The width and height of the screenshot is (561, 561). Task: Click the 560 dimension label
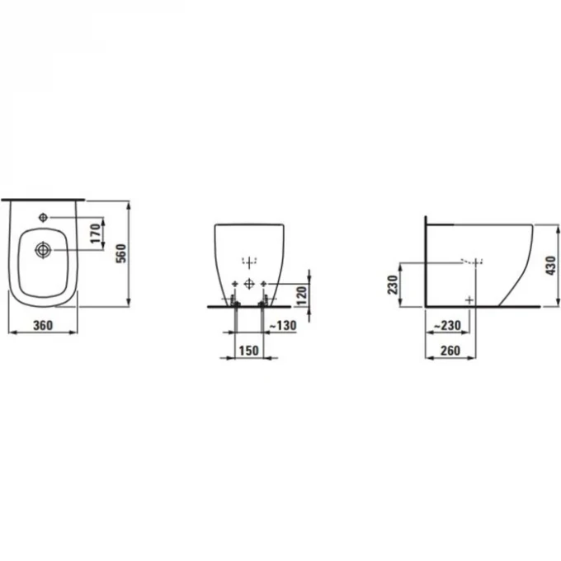pos(121,253)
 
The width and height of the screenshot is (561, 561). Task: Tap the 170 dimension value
pos(96,233)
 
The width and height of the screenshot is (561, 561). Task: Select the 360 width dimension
pos(43,325)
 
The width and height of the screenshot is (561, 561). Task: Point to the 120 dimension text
pos(302,296)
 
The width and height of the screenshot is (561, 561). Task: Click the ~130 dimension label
pos(283,325)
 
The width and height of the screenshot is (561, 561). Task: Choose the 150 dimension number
pos(248,351)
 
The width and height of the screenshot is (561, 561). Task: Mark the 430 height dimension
pos(550,266)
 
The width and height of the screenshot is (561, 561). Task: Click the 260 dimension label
pos(450,351)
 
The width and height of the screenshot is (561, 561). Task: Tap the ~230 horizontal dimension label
pos(447,325)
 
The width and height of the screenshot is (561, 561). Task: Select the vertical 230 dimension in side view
pos(393,285)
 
